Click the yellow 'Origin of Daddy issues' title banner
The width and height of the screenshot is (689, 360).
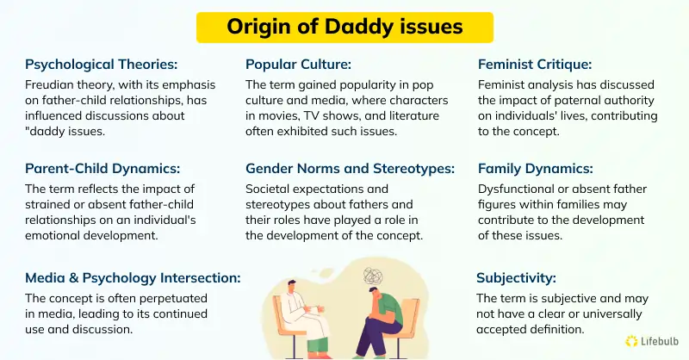click(x=344, y=27)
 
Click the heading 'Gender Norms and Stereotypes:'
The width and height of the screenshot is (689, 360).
click(x=348, y=169)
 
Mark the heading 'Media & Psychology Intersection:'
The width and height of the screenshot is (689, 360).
click(x=133, y=277)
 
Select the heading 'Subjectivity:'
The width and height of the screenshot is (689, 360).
click(x=516, y=277)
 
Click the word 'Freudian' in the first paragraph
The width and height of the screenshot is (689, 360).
click(x=51, y=85)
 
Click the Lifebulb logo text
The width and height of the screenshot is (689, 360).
click(x=661, y=341)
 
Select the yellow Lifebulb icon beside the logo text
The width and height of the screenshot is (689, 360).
click(x=632, y=341)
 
